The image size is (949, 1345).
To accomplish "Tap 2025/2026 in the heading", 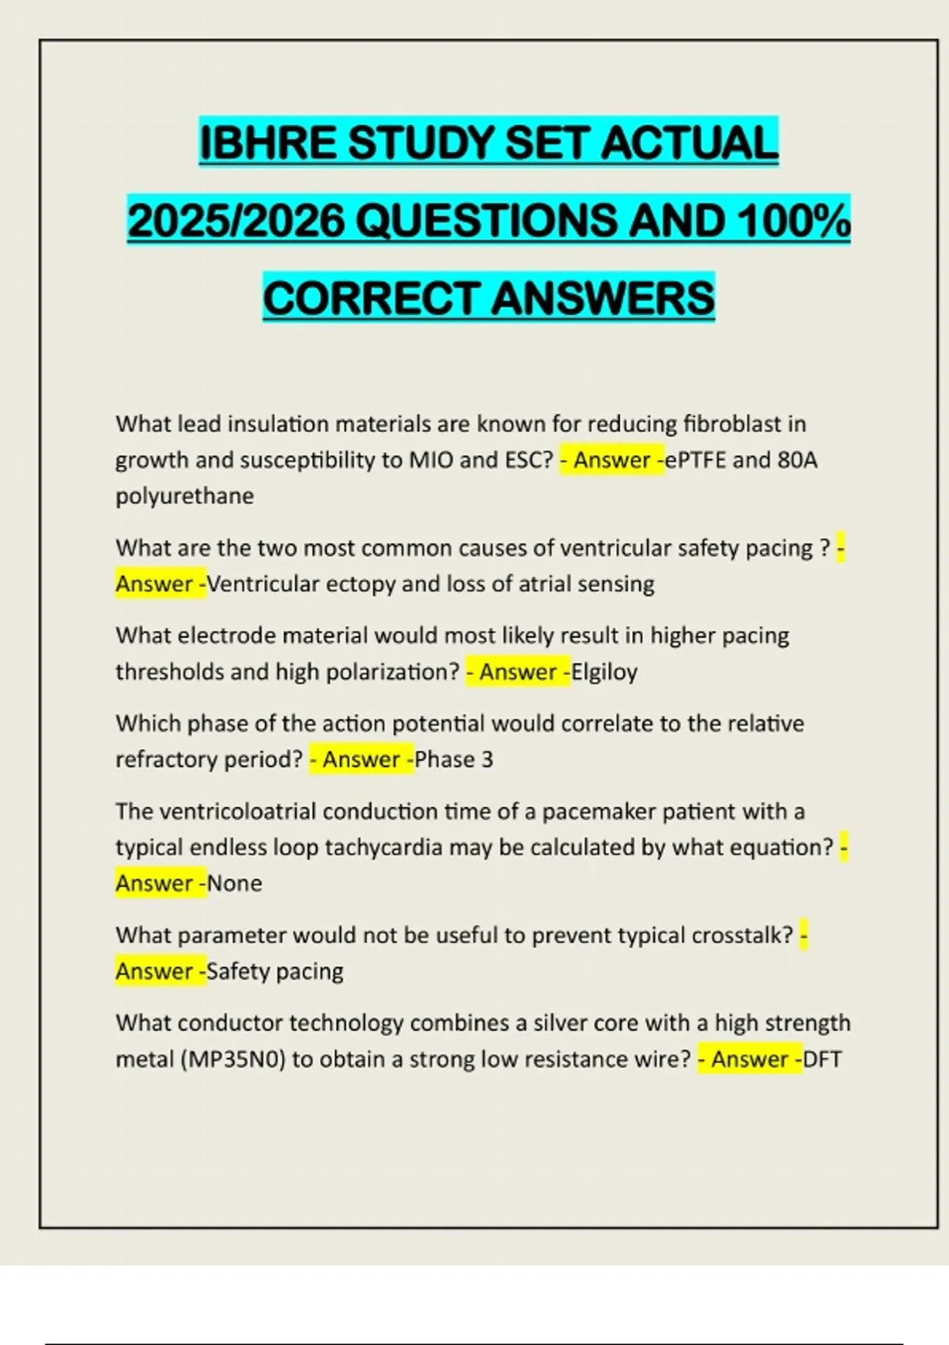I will [236, 221].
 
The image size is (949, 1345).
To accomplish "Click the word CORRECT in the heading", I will [371, 298].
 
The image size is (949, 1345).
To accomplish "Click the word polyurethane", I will [184, 496].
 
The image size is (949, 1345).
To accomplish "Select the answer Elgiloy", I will [604, 672].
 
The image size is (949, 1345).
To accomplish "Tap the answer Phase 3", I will [454, 760].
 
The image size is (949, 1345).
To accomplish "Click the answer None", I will [234, 883].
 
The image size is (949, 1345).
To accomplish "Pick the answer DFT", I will [822, 1059].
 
